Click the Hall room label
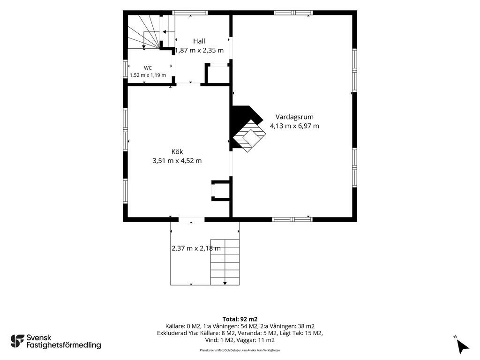pyautogui.click(x=199, y=41)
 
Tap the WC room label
pyautogui.click(x=148, y=68)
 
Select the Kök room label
pyautogui.click(x=177, y=151)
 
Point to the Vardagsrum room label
pyautogui.click(x=294, y=117)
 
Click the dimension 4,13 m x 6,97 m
pyautogui.click(x=294, y=126)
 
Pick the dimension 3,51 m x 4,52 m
pyautogui.click(x=177, y=161)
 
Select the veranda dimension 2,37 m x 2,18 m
pyautogui.click(x=196, y=248)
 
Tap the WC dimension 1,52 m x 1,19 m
pyautogui.click(x=148, y=75)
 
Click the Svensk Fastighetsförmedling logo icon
pyautogui.click(x=17, y=341)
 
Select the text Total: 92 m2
pyautogui.click(x=240, y=319)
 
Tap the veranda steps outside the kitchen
pyautogui.click(x=225, y=262)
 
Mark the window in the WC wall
pyautogui.click(x=125, y=68)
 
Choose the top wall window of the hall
pyautogui.click(x=190, y=13)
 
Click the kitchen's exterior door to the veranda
pyautogui.click(x=191, y=219)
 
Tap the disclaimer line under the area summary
pyautogui.click(x=240, y=350)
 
